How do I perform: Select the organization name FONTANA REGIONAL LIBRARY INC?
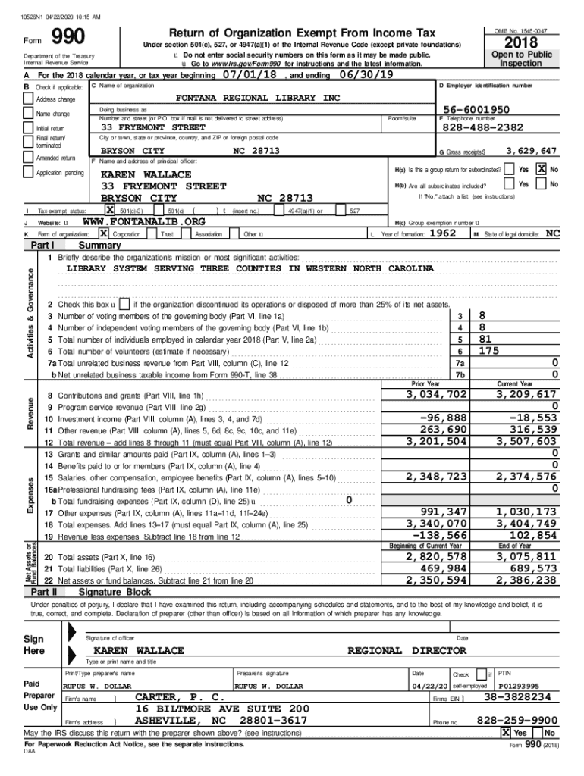258,99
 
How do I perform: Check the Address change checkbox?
29,99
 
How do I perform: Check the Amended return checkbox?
29,158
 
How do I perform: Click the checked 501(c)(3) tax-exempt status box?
111,210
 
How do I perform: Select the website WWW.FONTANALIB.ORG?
143,222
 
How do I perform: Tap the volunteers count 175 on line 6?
489,351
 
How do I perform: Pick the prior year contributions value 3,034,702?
436,395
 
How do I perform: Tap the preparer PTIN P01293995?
519,686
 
